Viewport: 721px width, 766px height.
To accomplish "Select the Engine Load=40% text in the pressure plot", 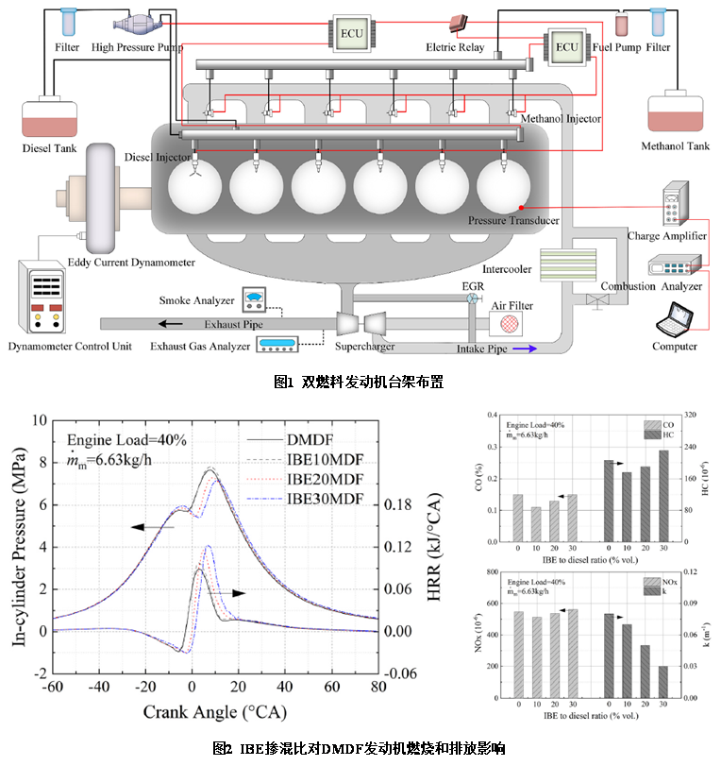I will click(x=120, y=439).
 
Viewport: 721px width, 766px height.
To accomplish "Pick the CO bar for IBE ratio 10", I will click(x=536, y=524).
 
